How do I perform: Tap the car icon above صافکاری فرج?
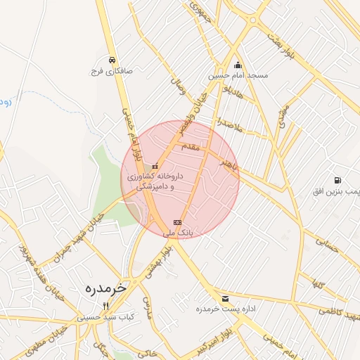pos(112,60)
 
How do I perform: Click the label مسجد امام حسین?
pos(237,75)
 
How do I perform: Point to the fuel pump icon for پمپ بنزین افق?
pos(339,181)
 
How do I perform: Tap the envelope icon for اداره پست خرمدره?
pos(224,299)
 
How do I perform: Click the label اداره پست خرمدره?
pos(224,310)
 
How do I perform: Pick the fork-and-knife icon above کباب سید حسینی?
pos(106,306)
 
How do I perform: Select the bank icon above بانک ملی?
pos(176,221)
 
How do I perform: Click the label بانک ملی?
pos(177,231)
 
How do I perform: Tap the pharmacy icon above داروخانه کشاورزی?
pos(155,167)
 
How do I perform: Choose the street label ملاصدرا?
pos(230,122)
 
